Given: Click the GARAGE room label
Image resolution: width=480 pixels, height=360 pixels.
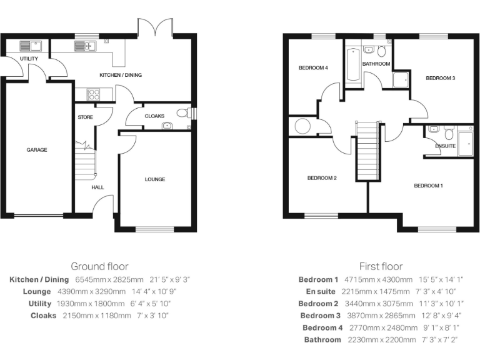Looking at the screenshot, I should (36, 150).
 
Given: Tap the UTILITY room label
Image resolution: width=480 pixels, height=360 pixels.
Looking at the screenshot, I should (29, 59).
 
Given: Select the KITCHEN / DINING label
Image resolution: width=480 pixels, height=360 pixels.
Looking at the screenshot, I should (121, 75).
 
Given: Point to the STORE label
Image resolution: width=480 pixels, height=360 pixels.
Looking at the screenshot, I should (85, 117).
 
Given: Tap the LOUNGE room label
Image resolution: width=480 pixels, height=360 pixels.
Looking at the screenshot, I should (155, 179).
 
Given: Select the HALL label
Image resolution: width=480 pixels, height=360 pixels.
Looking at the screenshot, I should (97, 187).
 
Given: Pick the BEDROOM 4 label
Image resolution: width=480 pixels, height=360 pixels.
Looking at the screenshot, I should (312, 67).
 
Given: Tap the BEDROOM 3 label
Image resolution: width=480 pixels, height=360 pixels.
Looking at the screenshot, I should (440, 78).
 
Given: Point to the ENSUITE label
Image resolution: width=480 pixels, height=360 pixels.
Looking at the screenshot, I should (445, 146).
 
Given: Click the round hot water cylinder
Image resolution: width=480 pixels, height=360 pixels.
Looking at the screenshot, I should (302, 126).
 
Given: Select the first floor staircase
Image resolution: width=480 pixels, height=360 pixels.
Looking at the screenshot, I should (367, 150).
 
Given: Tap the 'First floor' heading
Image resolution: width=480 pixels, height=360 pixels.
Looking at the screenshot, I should (381, 266).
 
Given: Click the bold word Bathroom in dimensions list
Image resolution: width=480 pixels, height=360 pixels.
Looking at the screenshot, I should (322, 340).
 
